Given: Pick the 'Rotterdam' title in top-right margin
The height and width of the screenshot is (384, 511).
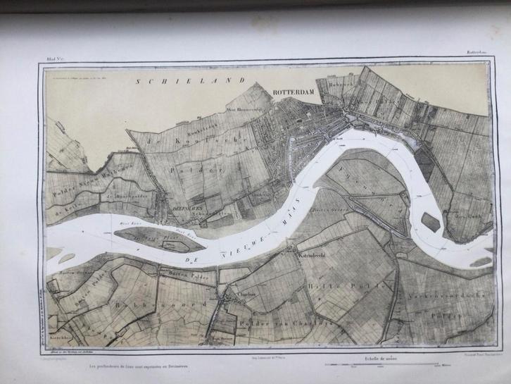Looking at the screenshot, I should pos(479,51).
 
